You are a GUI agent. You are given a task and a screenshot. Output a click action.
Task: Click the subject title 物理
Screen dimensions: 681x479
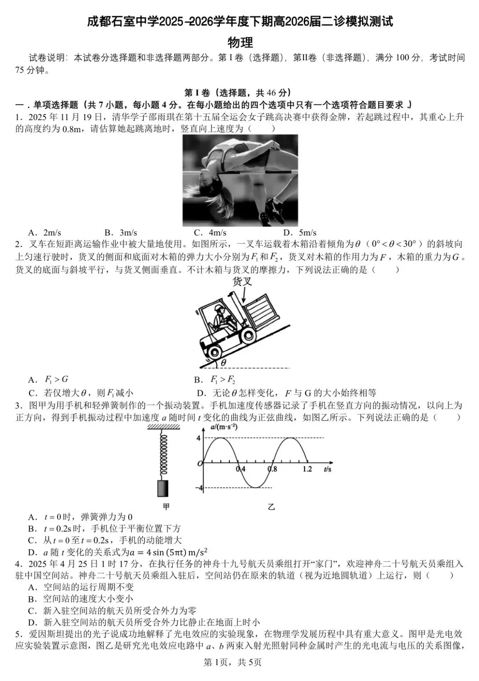pos(240,42)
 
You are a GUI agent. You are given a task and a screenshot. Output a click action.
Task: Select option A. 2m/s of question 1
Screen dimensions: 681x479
pos(44,232)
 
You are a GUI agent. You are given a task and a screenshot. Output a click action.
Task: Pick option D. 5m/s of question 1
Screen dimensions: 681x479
pos(300,232)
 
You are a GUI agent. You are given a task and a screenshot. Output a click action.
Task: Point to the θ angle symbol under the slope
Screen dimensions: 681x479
pos(224,362)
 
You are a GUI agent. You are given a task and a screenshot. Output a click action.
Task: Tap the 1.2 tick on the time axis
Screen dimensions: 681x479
pos(307,469)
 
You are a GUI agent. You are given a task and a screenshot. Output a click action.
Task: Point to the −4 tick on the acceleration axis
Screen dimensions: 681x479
pos(199,488)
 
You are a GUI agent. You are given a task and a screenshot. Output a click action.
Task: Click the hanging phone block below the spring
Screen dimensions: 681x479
pos(163,488)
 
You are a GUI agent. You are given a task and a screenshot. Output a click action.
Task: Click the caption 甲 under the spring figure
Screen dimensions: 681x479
pos(166,507)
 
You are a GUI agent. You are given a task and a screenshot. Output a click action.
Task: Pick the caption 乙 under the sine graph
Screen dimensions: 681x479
pos(271,507)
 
